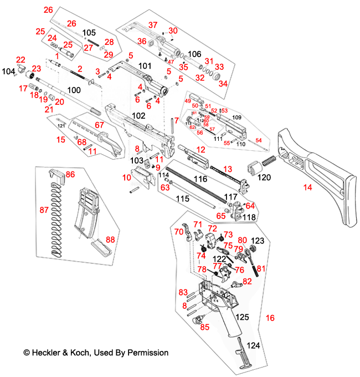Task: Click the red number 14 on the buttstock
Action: (307, 188)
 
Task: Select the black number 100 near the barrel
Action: (74, 90)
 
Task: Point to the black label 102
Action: (138, 115)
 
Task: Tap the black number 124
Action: (253, 345)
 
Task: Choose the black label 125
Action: (242, 317)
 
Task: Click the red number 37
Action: (152, 25)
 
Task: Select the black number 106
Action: (194, 54)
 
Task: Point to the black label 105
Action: (89, 33)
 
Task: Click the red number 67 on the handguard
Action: (99, 125)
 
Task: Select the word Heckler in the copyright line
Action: (46, 353)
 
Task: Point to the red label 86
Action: (70, 174)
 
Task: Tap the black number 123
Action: (258, 241)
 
